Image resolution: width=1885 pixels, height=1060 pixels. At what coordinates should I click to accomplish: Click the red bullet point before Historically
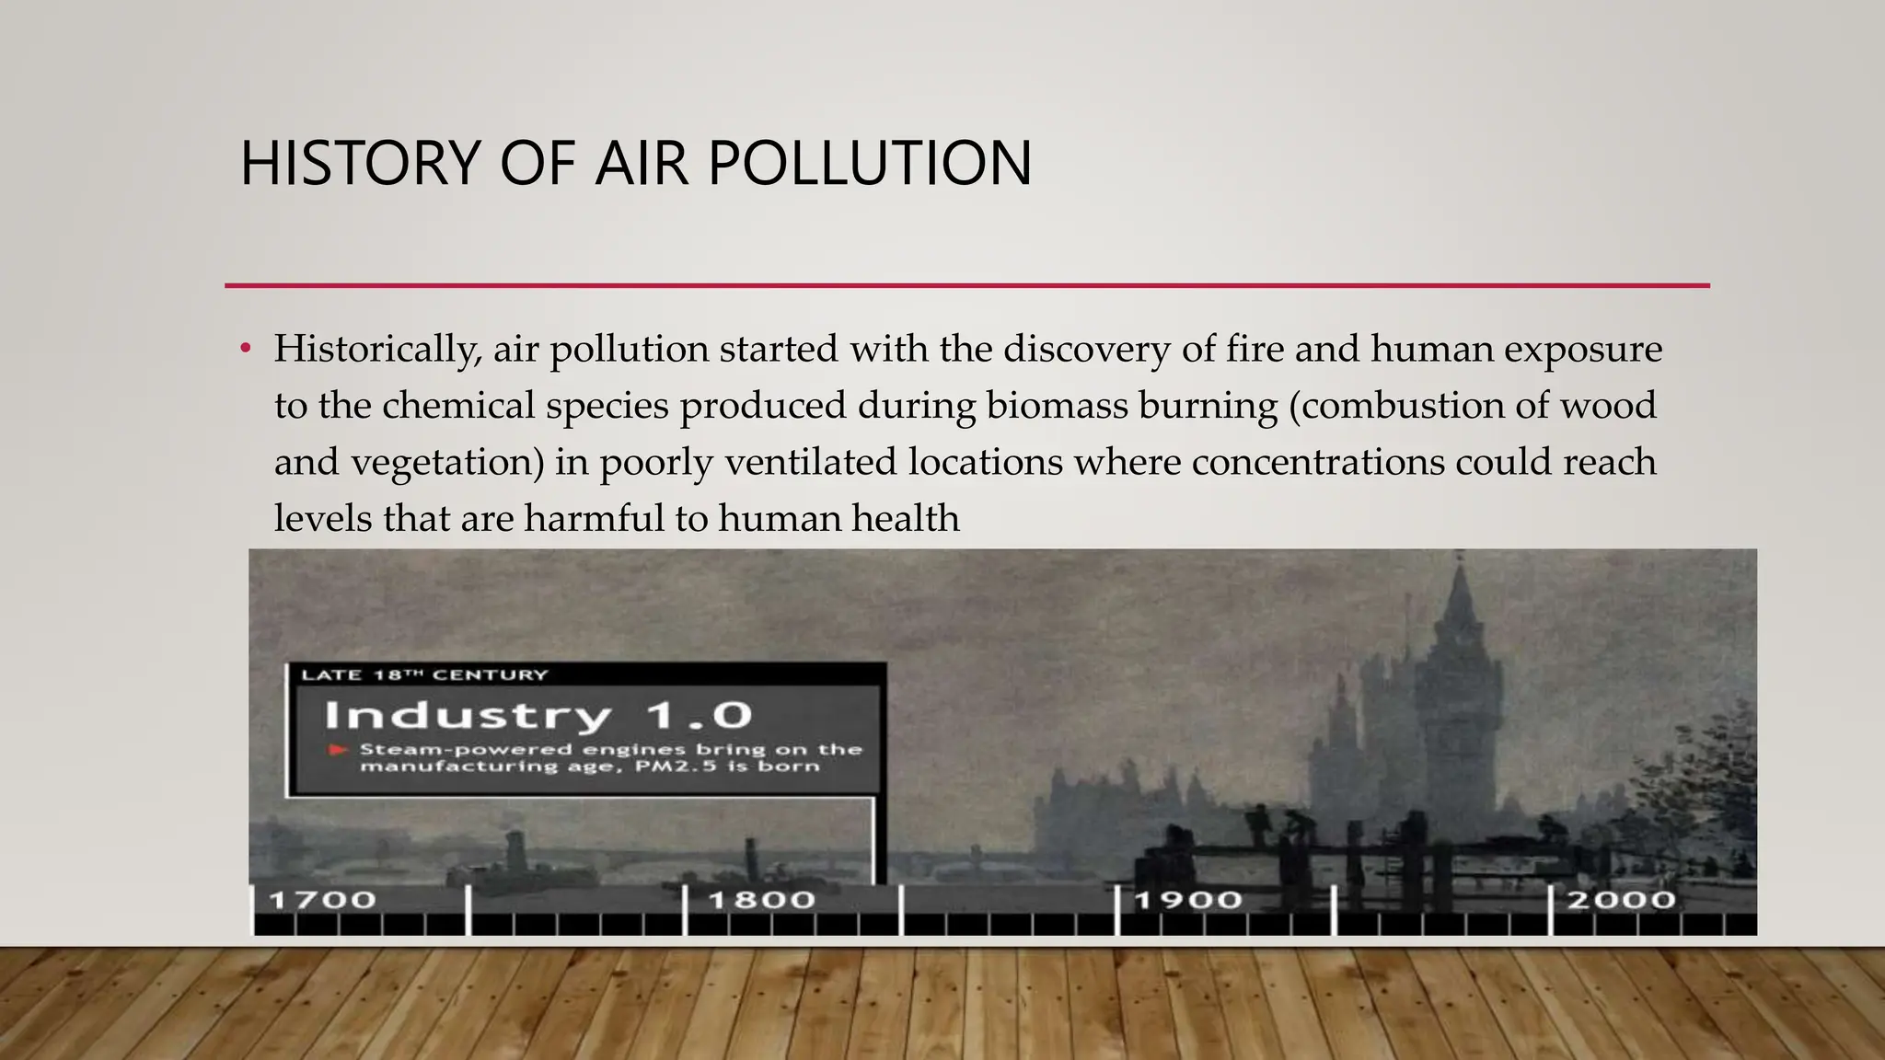(x=245, y=350)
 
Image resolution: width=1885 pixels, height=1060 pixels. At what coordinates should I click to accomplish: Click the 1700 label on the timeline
(x=322, y=900)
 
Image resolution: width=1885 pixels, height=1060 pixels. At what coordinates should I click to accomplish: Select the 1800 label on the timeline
(x=761, y=900)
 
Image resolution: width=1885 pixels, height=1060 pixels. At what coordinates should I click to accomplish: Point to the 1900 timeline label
(x=1188, y=900)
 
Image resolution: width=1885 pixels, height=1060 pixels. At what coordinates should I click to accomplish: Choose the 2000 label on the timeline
(x=1621, y=900)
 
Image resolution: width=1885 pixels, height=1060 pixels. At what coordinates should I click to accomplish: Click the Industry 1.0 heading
(x=538, y=715)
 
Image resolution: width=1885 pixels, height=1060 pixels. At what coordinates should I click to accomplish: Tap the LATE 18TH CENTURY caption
(x=424, y=675)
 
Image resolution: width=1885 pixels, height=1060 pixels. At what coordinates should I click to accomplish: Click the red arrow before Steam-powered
(x=339, y=750)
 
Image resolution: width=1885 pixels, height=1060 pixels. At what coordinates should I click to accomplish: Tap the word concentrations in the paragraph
(x=1317, y=462)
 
